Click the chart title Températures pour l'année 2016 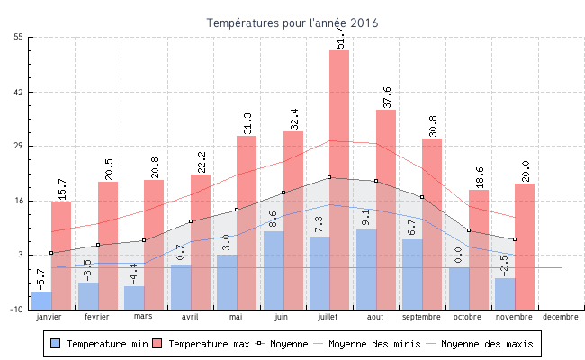[x=292, y=22]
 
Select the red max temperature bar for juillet [x=339, y=180]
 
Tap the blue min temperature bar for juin [x=274, y=270]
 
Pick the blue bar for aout [x=366, y=269]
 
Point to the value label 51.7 [x=340, y=37]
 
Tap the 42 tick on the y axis [x=19, y=92]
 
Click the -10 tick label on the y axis [x=17, y=309]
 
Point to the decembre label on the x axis [x=561, y=317]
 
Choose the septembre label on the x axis [x=421, y=317]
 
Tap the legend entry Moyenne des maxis [x=486, y=344]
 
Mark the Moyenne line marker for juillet [x=329, y=177]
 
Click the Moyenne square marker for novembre [x=514, y=239]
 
